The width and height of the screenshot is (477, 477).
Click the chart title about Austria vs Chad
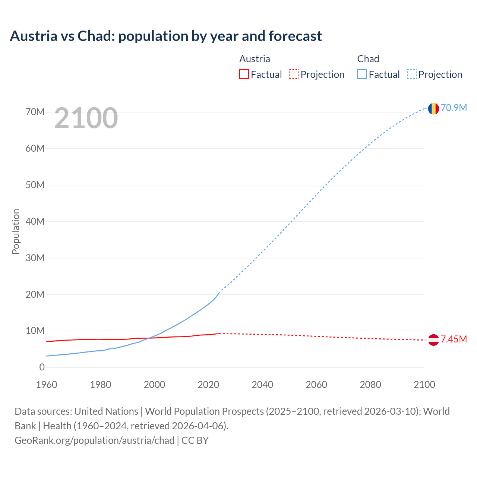tap(166, 36)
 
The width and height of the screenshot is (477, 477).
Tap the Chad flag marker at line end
tap(433, 108)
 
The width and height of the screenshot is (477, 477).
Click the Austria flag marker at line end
tap(433, 339)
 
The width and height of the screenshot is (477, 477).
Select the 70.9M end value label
tap(454, 108)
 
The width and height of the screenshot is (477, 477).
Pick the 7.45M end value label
tap(454, 339)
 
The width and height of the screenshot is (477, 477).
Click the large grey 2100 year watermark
tap(86, 118)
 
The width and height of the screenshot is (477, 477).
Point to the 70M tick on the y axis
tap(35, 112)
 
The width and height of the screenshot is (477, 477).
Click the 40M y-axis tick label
tap(35, 221)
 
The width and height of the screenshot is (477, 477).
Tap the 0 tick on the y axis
tap(42, 367)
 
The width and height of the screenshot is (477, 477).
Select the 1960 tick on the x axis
tap(47, 385)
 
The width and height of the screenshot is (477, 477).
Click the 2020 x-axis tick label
tap(208, 385)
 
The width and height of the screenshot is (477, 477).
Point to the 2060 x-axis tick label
tap(316, 385)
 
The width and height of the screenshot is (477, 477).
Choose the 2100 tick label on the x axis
tap(424, 385)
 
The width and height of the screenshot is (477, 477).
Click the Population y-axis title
tap(16, 231)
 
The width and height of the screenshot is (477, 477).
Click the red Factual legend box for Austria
tap(244, 74)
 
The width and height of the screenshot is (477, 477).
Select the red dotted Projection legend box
tap(294, 74)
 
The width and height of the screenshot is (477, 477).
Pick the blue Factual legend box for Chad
tap(362, 74)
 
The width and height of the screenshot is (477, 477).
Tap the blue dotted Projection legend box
tap(412, 74)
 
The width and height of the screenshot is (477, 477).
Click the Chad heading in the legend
tap(368, 59)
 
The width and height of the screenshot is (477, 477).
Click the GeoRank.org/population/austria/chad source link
tap(94, 440)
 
